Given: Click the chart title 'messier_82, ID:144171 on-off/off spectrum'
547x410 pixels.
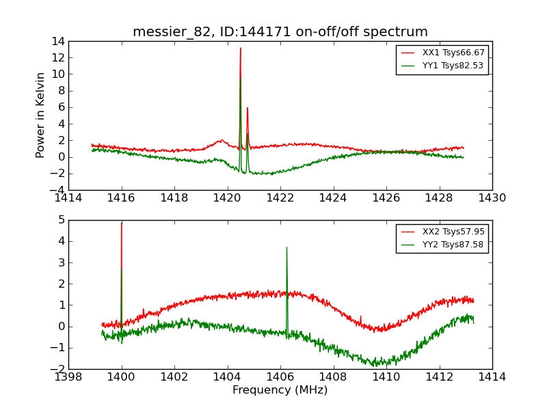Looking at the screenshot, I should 280,32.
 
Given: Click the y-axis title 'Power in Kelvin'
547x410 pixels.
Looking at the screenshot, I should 41,115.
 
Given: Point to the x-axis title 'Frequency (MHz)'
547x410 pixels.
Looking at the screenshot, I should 280,390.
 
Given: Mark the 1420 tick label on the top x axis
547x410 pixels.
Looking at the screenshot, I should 227,198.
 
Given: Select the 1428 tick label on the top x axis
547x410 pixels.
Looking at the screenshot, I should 439,198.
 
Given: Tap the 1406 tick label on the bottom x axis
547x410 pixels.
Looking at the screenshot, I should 280,377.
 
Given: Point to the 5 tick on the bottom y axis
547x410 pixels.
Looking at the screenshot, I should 60,220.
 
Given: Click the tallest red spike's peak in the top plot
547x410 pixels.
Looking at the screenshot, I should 240,48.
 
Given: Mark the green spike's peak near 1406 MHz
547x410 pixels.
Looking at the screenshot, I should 286,247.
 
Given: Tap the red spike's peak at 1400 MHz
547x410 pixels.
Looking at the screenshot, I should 122,223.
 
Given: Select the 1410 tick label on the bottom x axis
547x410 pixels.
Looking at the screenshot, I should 386,377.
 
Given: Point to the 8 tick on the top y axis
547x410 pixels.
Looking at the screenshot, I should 60,91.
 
